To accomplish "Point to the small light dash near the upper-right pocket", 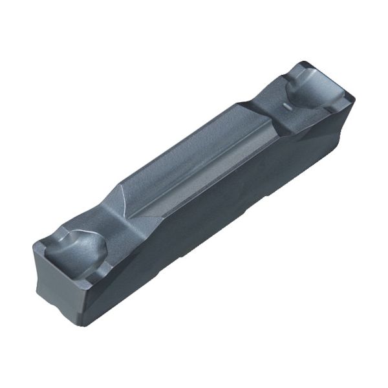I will coord(284,104).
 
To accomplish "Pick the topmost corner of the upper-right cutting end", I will coord(304,62).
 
